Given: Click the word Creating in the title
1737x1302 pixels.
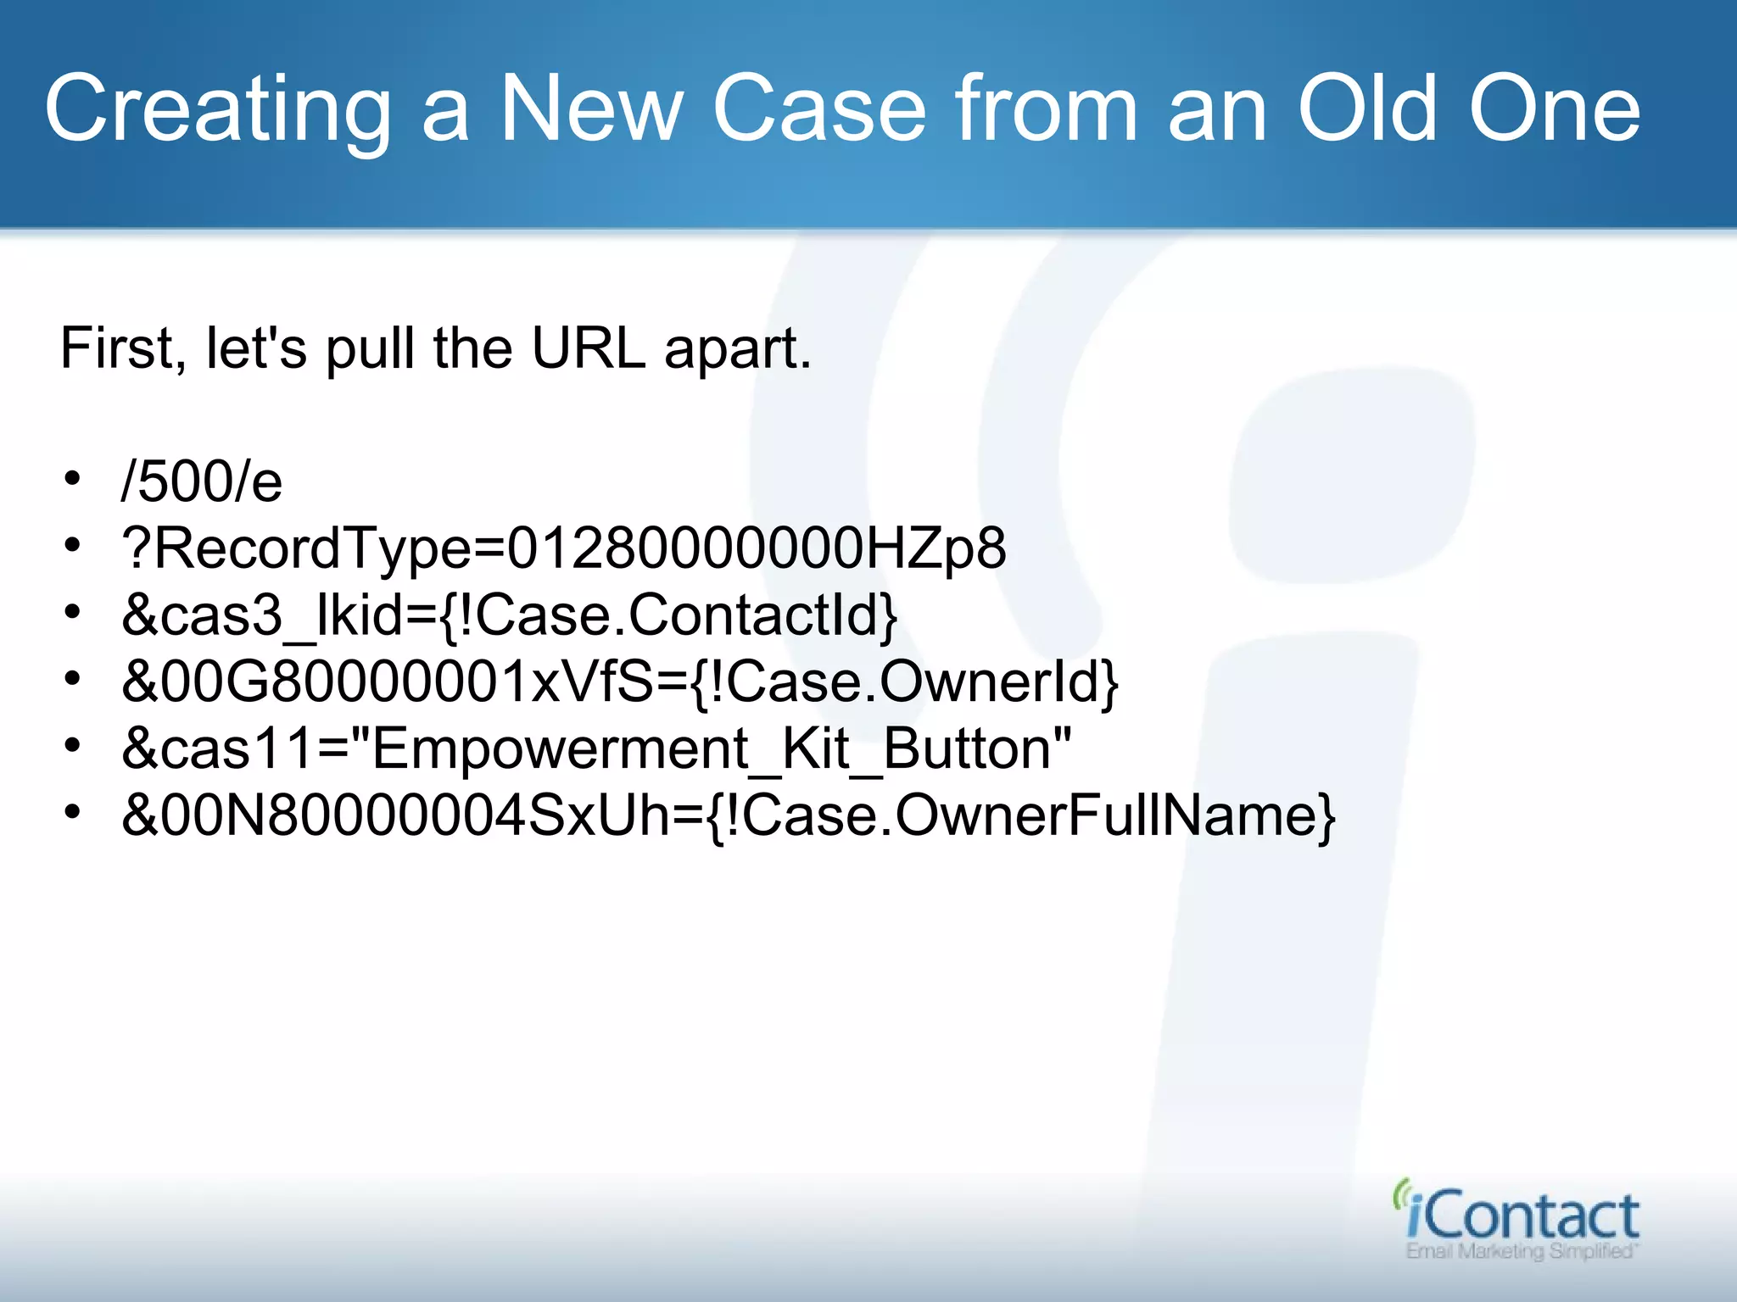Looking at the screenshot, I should pos(217,110).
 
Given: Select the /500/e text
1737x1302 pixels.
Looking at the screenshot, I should pos(202,481).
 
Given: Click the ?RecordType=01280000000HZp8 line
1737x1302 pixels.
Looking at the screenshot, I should pos(564,548).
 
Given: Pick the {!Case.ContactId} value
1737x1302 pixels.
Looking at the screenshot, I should pos(669,615).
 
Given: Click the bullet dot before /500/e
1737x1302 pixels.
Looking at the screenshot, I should pos(73,479).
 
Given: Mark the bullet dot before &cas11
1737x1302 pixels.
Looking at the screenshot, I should pos(73,746).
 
